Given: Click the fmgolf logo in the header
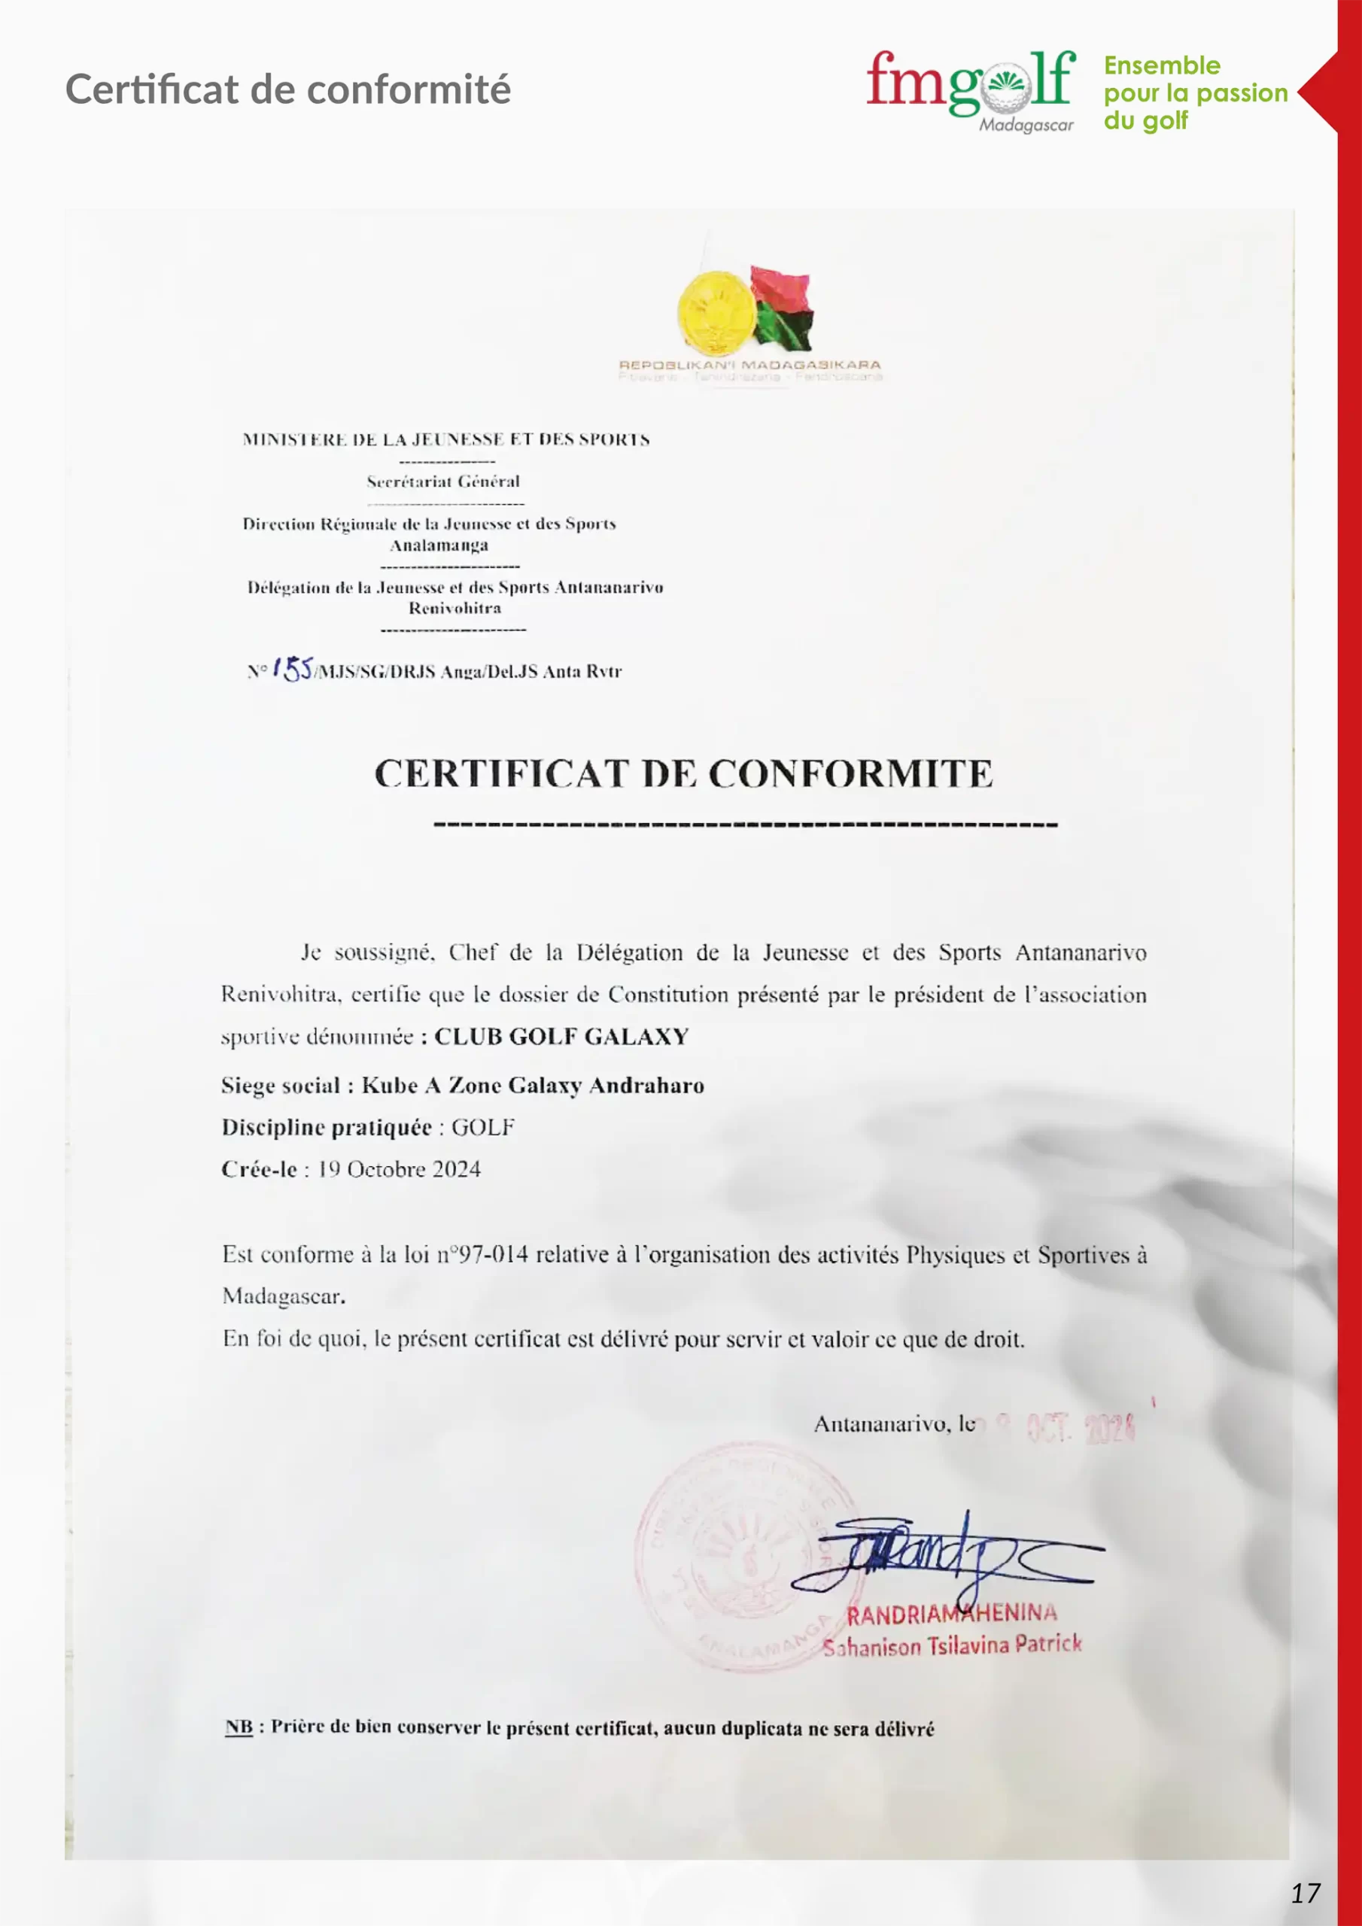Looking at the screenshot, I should [x=970, y=82].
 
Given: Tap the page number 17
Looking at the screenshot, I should [x=1305, y=1892].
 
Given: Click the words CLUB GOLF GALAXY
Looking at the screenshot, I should [x=561, y=1037].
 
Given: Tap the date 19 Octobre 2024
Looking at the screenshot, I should [x=399, y=1169].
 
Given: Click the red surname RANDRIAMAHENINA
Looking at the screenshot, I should [x=952, y=1613].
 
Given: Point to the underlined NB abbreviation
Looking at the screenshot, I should [x=239, y=1727].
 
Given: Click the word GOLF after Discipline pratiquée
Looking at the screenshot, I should [x=482, y=1128].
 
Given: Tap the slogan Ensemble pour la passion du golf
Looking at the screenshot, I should [x=1194, y=93].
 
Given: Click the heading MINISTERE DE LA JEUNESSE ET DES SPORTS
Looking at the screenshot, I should [x=445, y=439].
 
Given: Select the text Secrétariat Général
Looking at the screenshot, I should [x=443, y=481].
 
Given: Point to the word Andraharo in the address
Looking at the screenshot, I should [x=646, y=1086].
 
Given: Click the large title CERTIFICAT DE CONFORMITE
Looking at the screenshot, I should [x=683, y=773].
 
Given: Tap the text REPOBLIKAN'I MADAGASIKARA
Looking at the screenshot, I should [x=749, y=365].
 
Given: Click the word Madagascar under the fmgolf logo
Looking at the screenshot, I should [x=1026, y=126].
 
